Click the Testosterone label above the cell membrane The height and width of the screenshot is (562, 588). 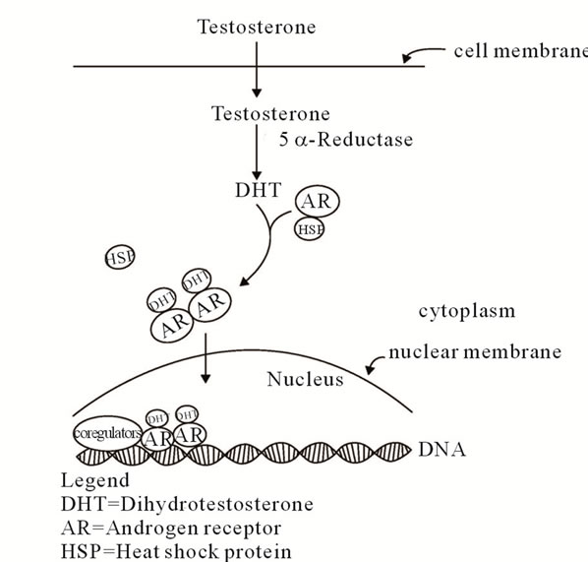(x=257, y=27)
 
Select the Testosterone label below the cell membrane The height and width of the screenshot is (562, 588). (x=270, y=113)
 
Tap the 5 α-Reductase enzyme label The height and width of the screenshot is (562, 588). (x=346, y=140)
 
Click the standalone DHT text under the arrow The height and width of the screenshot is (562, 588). (x=258, y=190)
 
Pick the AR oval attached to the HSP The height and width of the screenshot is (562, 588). (x=318, y=202)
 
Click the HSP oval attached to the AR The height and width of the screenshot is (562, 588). (x=310, y=229)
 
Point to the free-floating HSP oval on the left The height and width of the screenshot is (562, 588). (x=120, y=257)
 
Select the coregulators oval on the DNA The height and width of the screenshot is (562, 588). (x=107, y=433)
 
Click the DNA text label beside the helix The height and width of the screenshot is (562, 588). (x=442, y=450)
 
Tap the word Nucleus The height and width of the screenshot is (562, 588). (x=305, y=379)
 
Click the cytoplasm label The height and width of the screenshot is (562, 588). (x=467, y=312)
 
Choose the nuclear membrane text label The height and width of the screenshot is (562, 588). (x=475, y=352)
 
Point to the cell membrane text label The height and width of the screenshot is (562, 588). (x=521, y=51)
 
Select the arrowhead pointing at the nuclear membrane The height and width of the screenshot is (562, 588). (x=370, y=369)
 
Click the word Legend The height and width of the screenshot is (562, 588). (x=95, y=480)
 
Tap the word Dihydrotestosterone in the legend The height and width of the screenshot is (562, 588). (x=216, y=504)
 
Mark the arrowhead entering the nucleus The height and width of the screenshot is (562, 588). (x=206, y=378)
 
